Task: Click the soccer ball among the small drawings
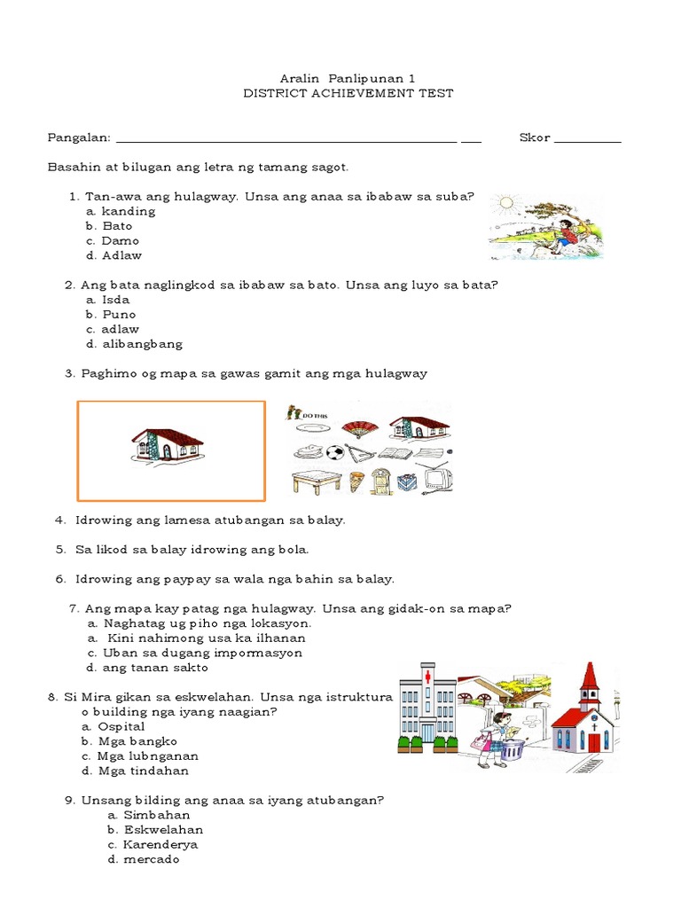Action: click(x=335, y=451)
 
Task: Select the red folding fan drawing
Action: click(x=357, y=428)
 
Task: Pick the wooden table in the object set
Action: click(x=315, y=481)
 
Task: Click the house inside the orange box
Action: click(x=168, y=445)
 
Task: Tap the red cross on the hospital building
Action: click(x=428, y=677)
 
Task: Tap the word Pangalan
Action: click(x=79, y=138)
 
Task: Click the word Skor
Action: click(x=535, y=138)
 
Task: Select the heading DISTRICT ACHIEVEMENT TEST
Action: click(x=348, y=93)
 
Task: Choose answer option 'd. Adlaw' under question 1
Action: click(x=113, y=255)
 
